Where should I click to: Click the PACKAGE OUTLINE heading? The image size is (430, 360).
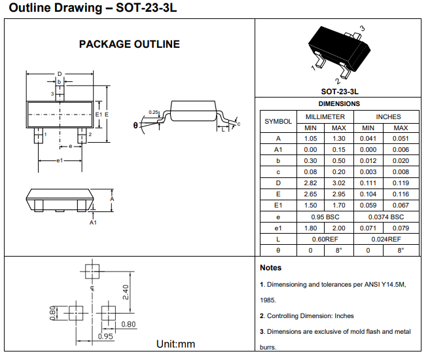[x=129, y=45]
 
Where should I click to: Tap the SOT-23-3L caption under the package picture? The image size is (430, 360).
[x=339, y=92]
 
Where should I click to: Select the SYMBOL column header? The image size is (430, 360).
[x=278, y=122]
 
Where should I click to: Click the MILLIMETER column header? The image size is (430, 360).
[x=325, y=117]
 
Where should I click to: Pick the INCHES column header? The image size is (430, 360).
[x=388, y=117]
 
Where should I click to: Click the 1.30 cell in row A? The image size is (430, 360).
[x=338, y=139]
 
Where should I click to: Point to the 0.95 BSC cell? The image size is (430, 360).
[x=325, y=217]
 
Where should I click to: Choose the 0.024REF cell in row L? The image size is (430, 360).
[x=388, y=239]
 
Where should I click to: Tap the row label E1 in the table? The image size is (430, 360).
[x=278, y=206]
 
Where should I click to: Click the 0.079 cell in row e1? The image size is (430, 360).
[x=401, y=228]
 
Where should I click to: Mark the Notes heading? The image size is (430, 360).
[x=270, y=268]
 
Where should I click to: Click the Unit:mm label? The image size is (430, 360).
[x=175, y=344]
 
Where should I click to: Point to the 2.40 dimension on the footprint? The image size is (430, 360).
[x=126, y=290]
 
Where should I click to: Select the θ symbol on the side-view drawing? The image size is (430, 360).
[x=135, y=124]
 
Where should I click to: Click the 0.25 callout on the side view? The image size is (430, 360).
[x=154, y=113]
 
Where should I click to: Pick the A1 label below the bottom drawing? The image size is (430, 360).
[x=93, y=223]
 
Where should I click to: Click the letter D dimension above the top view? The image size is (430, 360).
[x=59, y=73]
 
